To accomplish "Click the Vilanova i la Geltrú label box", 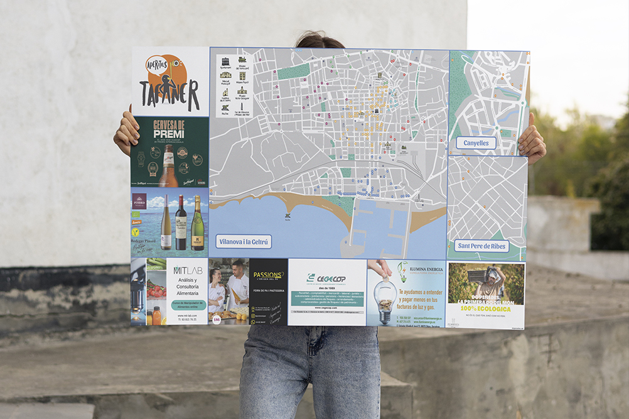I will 244,242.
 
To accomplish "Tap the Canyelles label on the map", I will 476,143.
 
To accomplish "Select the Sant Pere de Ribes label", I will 481,246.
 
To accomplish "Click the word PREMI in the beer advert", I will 169,134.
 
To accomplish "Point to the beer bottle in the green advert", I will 168,167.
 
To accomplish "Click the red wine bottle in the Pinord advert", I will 181,223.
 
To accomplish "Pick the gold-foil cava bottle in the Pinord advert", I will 197,224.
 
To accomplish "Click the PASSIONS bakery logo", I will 268,275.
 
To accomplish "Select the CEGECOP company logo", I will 326,277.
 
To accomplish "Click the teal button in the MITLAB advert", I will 186,305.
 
